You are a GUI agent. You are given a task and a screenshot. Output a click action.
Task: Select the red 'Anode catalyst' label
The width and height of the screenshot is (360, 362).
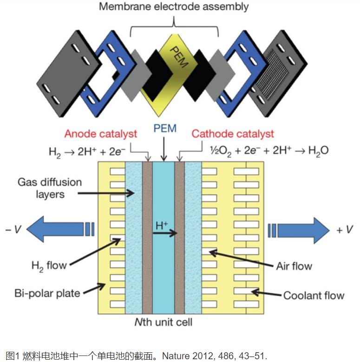[101, 134]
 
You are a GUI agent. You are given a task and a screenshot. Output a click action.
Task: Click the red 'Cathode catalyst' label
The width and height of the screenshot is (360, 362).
[233, 134]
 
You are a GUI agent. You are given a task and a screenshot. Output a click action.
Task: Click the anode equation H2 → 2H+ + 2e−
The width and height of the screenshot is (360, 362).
[87, 150]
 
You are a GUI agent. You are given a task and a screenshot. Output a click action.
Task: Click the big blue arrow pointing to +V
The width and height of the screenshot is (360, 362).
[297, 230]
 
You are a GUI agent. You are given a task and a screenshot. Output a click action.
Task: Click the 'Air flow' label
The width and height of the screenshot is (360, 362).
[294, 266]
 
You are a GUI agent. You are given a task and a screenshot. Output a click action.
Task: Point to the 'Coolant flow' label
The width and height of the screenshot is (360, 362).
[314, 295]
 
